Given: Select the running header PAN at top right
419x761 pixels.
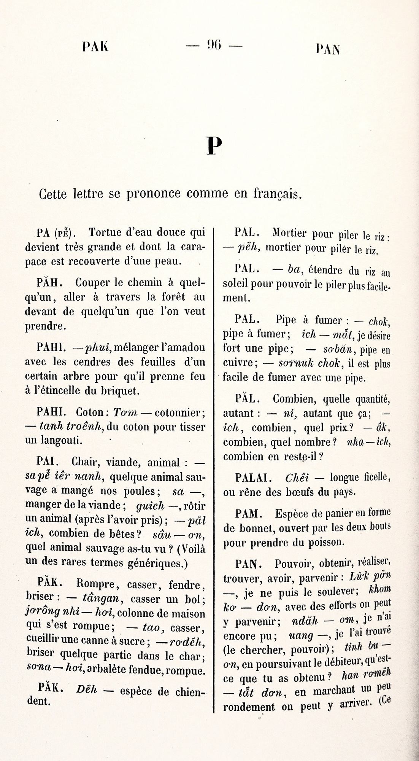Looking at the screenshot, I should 328,49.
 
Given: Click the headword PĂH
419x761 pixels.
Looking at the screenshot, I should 50,283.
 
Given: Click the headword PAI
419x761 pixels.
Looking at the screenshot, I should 47,462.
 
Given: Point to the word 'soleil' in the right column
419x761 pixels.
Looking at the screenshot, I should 236,284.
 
